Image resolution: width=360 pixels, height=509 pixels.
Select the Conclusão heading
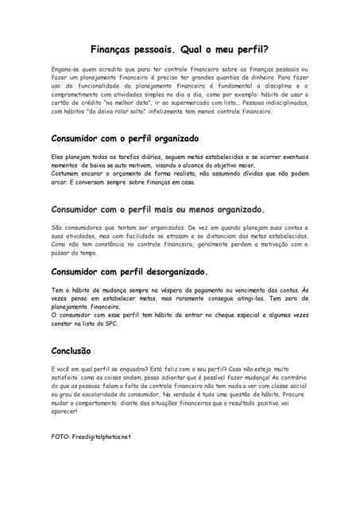coord(71,350)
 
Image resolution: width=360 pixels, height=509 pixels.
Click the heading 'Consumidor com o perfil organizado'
coord(125,138)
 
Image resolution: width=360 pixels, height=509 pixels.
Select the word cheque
coord(230,315)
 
